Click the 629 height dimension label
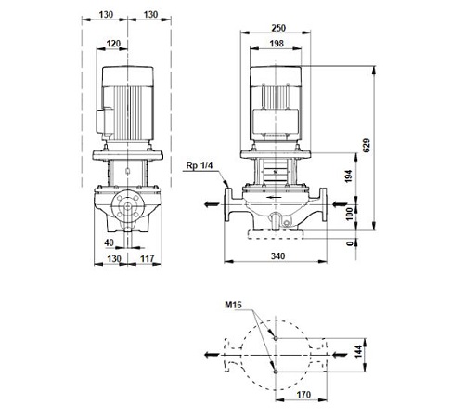click(x=367, y=146)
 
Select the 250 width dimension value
click(x=278, y=28)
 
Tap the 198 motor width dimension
click(x=277, y=44)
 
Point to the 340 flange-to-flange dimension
click(x=277, y=256)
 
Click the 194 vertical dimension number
click(x=349, y=176)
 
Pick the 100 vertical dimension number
click(x=350, y=214)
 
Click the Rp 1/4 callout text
click(x=200, y=165)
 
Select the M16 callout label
click(x=233, y=305)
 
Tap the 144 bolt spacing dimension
click(x=358, y=351)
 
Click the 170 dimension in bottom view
click(x=303, y=395)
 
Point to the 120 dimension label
click(x=113, y=44)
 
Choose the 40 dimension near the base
click(x=110, y=242)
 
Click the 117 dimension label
click(x=148, y=258)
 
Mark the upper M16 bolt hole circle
click(x=276, y=338)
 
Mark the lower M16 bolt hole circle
click(x=276, y=372)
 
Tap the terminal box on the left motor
click(x=105, y=121)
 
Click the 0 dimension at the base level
click(x=350, y=243)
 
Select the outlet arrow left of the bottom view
click(x=213, y=355)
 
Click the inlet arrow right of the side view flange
click(x=340, y=204)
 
